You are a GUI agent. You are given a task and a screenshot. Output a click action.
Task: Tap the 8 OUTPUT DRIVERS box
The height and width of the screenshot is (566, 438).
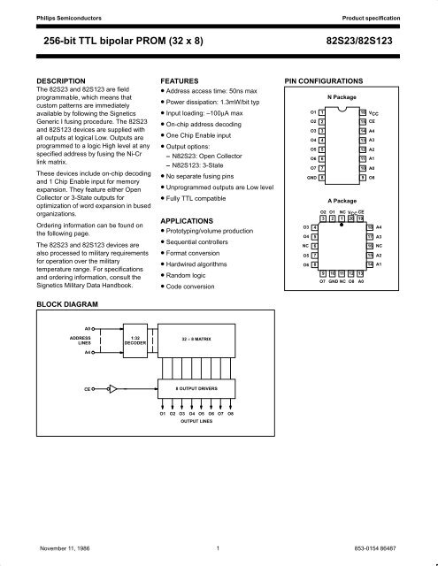pos(192,387)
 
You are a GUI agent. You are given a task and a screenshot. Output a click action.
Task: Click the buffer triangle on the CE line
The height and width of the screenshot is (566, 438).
pos(113,387)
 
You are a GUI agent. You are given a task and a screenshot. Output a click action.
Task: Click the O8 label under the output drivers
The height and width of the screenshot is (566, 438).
pos(229,414)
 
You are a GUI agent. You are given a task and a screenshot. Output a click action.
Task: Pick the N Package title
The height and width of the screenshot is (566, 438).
pos(341,97)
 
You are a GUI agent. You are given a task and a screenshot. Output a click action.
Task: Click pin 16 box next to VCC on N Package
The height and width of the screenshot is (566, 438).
pos(362,113)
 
